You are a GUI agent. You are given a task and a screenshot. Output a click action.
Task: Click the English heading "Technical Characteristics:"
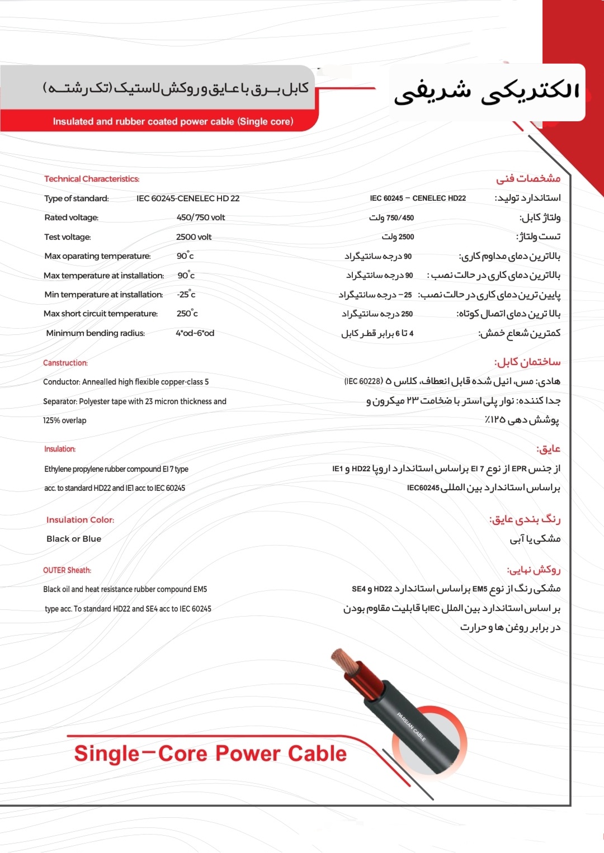[92, 179]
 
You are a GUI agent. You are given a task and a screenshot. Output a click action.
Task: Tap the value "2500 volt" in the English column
[194, 237]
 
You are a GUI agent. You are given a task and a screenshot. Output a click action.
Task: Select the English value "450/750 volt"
[201, 217]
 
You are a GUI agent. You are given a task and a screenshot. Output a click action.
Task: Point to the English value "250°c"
[187, 314]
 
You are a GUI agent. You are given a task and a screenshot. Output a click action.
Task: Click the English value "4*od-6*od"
[195, 333]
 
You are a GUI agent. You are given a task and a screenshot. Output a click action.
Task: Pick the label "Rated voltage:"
[71, 217]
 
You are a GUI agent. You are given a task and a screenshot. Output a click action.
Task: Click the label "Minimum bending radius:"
[95, 333]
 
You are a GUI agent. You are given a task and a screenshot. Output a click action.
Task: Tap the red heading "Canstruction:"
[65, 363]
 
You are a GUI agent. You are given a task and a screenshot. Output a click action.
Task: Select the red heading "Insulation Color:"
[80, 520]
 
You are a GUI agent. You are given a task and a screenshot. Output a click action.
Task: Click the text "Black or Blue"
[74, 539]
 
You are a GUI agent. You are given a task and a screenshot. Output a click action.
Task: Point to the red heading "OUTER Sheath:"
[67, 570]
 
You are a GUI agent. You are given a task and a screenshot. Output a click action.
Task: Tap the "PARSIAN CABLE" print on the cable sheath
[411, 727]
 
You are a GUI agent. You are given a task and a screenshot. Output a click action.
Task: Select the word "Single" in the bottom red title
[107, 754]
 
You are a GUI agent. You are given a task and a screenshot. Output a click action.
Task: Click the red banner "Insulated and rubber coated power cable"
[173, 121]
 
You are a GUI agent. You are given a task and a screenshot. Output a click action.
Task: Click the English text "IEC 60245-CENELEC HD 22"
[188, 198]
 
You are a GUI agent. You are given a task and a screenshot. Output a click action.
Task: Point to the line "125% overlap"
[65, 420]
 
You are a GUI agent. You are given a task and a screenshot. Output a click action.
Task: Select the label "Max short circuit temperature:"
[101, 314]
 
